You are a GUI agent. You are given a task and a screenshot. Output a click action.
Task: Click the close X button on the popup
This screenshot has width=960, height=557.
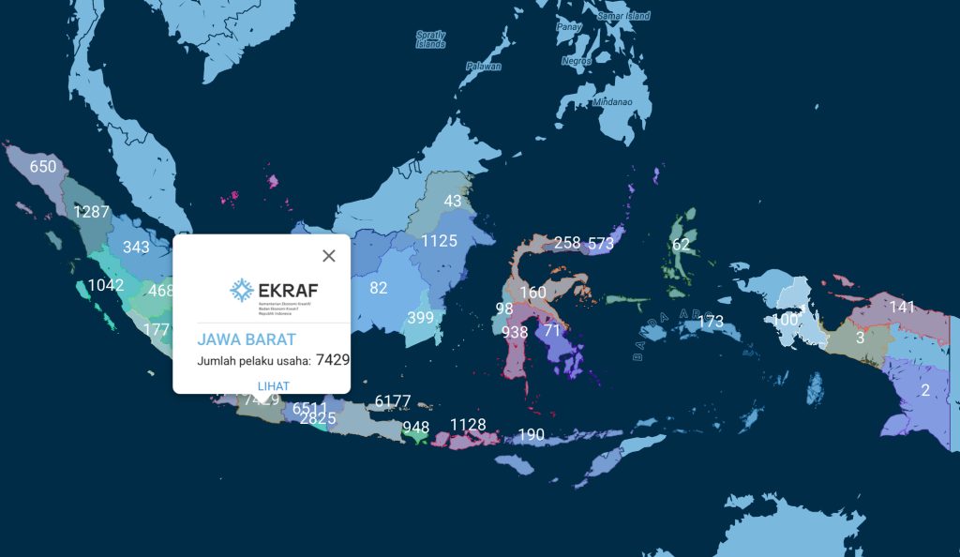click(x=329, y=256)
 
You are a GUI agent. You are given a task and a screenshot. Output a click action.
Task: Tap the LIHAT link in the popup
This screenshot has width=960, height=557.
click(x=273, y=386)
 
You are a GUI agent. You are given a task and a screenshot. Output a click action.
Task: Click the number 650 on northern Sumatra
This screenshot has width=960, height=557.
click(x=43, y=167)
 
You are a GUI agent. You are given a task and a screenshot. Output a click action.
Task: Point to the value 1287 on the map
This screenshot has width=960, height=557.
click(x=92, y=212)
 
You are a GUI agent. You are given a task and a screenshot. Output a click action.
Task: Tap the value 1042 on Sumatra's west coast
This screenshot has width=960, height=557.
click(x=105, y=286)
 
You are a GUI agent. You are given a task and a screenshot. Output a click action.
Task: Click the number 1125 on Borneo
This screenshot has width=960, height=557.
click(x=439, y=241)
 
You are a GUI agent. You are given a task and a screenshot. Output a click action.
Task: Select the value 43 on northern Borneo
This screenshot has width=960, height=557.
click(x=453, y=201)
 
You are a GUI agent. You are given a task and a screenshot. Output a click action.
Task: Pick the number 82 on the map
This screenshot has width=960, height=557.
click(x=379, y=288)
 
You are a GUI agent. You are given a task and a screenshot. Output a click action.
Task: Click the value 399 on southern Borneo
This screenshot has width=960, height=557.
click(x=421, y=318)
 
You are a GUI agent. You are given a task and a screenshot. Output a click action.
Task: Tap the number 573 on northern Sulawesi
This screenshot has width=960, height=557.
click(x=601, y=243)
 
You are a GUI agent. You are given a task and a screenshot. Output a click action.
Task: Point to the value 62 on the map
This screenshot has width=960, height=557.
click(x=681, y=246)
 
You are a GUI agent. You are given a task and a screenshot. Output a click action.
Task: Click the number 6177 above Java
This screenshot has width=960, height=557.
click(x=393, y=401)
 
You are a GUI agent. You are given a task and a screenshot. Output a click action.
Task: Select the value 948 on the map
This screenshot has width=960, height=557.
click(x=415, y=428)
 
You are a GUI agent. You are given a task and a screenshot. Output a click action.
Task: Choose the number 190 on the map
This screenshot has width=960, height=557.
click(x=532, y=434)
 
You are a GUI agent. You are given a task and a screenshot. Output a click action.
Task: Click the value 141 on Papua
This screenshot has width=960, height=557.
click(x=902, y=307)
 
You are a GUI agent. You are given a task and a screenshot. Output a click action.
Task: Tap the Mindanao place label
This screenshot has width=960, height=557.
click(x=612, y=101)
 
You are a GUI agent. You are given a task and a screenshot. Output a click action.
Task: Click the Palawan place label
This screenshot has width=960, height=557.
click(x=484, y=67)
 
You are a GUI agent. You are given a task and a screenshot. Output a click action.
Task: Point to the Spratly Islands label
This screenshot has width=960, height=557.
click(x=431, y=39)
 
